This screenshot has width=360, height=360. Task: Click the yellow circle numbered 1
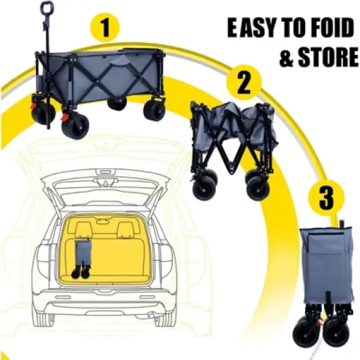[105, 27]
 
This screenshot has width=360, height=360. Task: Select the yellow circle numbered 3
[326, 198]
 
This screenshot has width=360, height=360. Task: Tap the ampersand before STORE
[287, 57]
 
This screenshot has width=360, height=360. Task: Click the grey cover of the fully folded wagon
[327, 264]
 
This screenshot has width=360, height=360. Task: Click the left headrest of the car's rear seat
[84, 230]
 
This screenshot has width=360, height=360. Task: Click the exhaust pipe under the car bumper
[152, 315]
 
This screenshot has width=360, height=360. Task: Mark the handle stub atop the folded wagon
[342, 223]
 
